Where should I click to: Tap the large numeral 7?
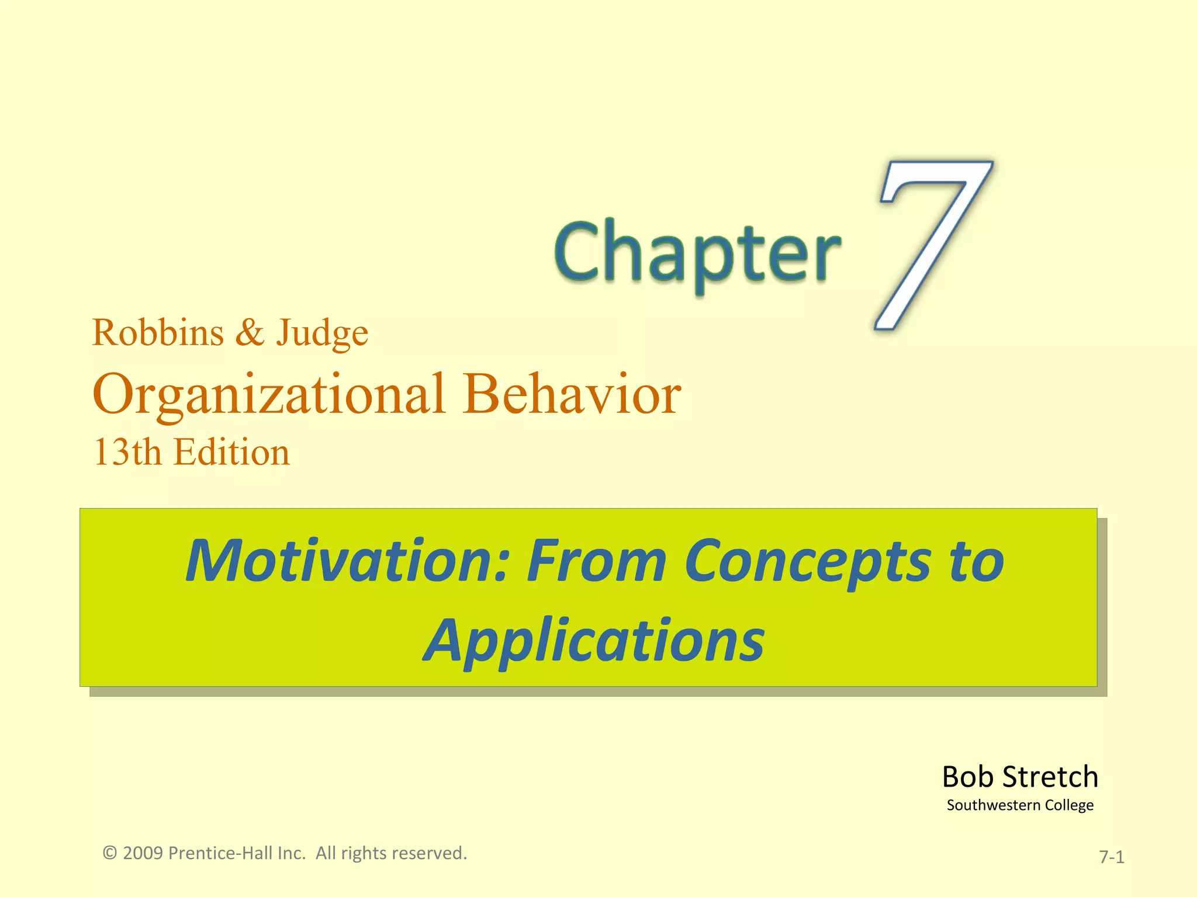point(929,245)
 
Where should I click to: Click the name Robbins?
point(158,333)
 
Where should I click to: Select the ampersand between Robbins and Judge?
point(250,333)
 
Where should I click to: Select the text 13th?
point(127,453)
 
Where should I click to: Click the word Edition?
point(232,453)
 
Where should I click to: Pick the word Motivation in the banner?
point(348,561)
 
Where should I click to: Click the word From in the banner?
point(596,561)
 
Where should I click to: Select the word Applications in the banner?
point(594,641)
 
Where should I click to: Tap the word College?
point(1069,806)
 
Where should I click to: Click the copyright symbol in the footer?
point(110,853)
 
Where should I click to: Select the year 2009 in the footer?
point(143,853)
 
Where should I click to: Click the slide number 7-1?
point(1112,857)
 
